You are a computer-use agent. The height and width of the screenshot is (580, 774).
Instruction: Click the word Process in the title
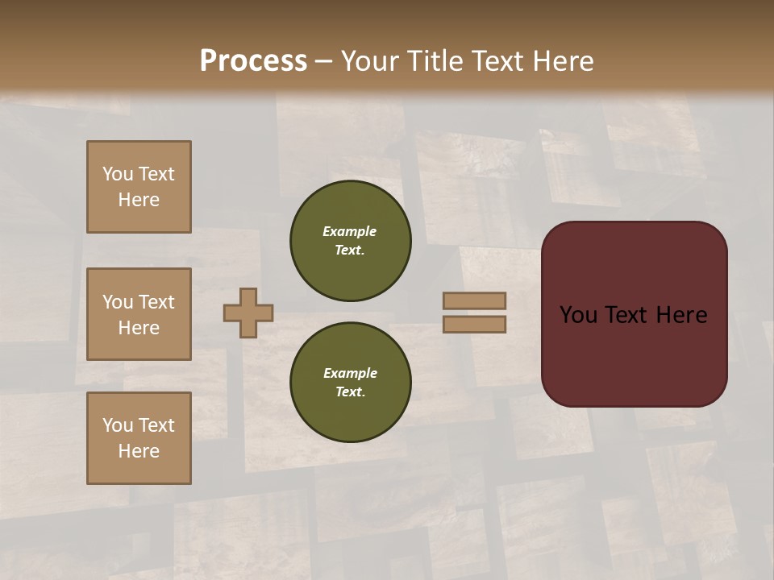click(x=253, y=61)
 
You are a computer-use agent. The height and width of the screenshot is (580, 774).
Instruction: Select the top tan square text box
click(x=139, y=187)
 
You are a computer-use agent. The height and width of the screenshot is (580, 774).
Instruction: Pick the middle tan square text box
click(x=139, y=314)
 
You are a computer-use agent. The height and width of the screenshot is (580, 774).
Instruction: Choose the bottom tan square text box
click(x=139, y=437)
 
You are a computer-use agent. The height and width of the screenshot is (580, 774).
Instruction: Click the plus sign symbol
click(x=248, y=313)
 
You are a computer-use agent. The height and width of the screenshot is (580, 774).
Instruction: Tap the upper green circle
click(x=350, y=240)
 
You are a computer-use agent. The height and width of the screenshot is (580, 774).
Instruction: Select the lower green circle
click(x=350, y=382)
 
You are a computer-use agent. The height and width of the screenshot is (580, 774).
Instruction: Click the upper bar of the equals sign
click(x=474, y=300)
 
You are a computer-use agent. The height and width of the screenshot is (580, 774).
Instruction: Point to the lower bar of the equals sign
click(x=474, y=324)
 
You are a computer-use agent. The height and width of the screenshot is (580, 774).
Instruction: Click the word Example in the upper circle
click(x=350, y=231)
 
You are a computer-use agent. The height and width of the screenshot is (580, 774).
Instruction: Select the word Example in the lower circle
click(x=350, y=373)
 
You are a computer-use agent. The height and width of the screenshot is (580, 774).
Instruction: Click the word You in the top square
click(x=118, y=174)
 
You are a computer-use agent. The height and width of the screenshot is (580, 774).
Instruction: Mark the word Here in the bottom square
click(x=139, y=451)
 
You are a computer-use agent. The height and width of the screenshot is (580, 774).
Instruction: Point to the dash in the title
click(x=323, y=62)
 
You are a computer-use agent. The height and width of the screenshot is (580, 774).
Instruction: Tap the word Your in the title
click(x=372, y=61)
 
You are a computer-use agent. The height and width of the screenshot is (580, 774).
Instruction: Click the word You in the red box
click(x=578, y=315)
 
